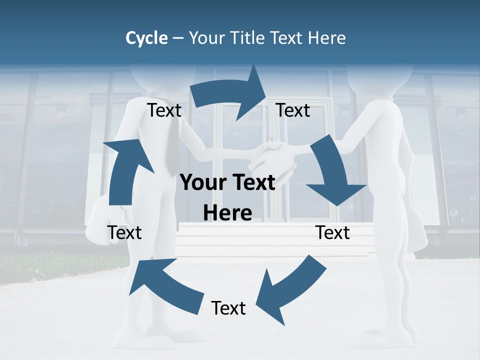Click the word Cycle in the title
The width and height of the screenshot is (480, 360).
pos(146,37)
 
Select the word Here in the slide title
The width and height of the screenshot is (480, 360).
pos(327,37)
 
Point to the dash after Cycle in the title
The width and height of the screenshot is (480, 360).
pos(178,38)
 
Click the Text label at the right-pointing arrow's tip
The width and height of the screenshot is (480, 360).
pos(293,110)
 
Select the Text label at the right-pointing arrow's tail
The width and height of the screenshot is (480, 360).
pos(164,110)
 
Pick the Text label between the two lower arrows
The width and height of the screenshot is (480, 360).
pos(228,308)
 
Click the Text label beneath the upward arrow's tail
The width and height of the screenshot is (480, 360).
pos(124,232)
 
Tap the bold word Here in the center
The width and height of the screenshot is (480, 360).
pos(227,213)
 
